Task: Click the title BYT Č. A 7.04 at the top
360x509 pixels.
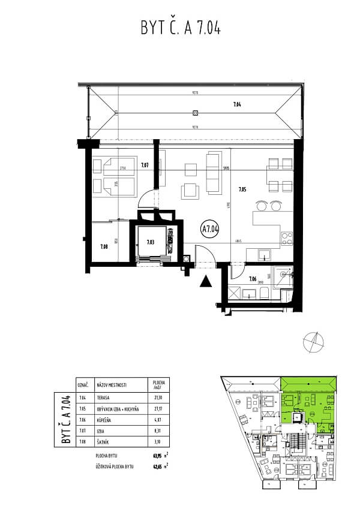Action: tap(180, 28)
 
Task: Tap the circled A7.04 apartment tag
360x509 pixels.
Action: tap(210, 228)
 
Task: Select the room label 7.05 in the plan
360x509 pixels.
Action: tap(242, 190)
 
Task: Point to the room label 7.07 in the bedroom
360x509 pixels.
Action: tap(145, 164)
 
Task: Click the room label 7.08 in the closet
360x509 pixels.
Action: tap(104, 245)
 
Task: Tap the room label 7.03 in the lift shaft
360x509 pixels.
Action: tap(151, 242)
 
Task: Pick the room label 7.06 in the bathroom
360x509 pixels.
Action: tap(253, 278)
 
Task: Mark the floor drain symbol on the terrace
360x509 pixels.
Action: tap(195, 113)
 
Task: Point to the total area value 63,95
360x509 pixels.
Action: tap(159, 456)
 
